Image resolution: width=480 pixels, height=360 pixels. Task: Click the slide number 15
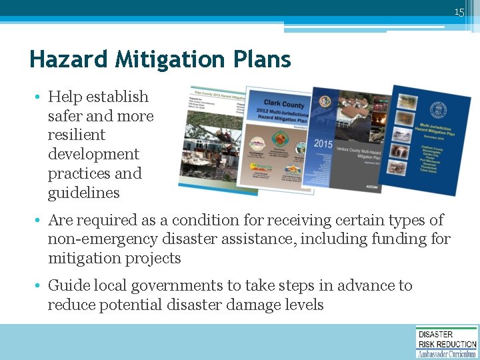(x=459, y=12)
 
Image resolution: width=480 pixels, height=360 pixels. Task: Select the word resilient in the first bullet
(x=76, y=135)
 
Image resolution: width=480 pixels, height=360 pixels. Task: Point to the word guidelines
(x=83, y=193)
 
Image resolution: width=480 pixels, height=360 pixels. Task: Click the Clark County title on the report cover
(x=287, y=105)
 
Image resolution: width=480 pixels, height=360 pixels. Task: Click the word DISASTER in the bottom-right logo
(x=435, y=335)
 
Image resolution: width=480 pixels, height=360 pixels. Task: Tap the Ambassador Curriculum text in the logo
(x=447, y=354)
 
